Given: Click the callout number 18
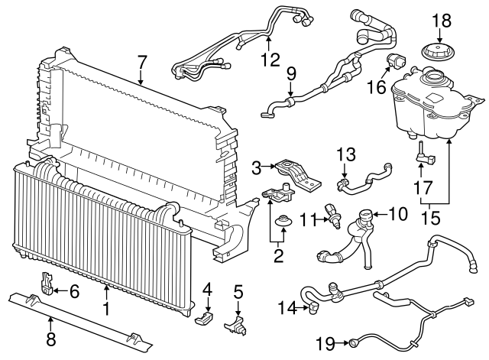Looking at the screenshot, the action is tap(442, 21).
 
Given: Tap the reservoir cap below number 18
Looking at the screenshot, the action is tap(438, 51).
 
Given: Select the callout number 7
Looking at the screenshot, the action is tap(142, 62).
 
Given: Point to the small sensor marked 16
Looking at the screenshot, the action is tap(396, 60).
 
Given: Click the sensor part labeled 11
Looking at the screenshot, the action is tap(333, 216).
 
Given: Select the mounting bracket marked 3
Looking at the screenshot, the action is tap(297, 175).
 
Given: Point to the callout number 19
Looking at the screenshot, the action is tap(325, 343).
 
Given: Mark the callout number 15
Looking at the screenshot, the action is tap(430, 217).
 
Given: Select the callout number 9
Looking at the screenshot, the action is tap(290, 73).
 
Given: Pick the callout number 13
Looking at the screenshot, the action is tap(346, 154).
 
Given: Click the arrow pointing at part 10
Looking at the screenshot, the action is tap(381, 214).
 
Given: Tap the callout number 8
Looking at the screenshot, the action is tap(51, 339).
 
